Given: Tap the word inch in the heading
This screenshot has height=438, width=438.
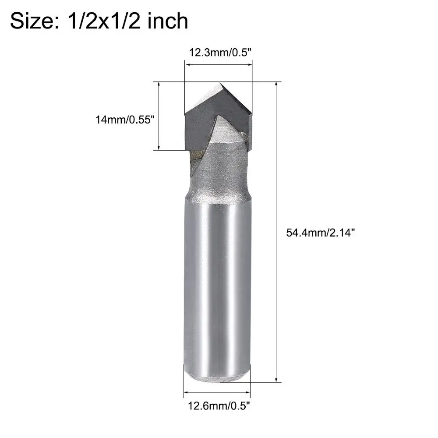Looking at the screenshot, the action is coord(168,21).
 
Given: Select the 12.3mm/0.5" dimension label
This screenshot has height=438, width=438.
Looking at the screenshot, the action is coord(220,52).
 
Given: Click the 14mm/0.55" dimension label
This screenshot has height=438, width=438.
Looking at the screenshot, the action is coord(125,120).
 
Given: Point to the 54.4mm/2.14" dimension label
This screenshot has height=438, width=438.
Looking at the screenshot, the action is coord(321,233).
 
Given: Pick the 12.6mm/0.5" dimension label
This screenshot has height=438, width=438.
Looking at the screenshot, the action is coord(219,406).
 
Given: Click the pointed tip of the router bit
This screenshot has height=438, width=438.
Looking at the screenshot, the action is coord(220,83).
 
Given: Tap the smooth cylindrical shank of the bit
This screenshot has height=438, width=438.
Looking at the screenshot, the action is coord(217,282).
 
